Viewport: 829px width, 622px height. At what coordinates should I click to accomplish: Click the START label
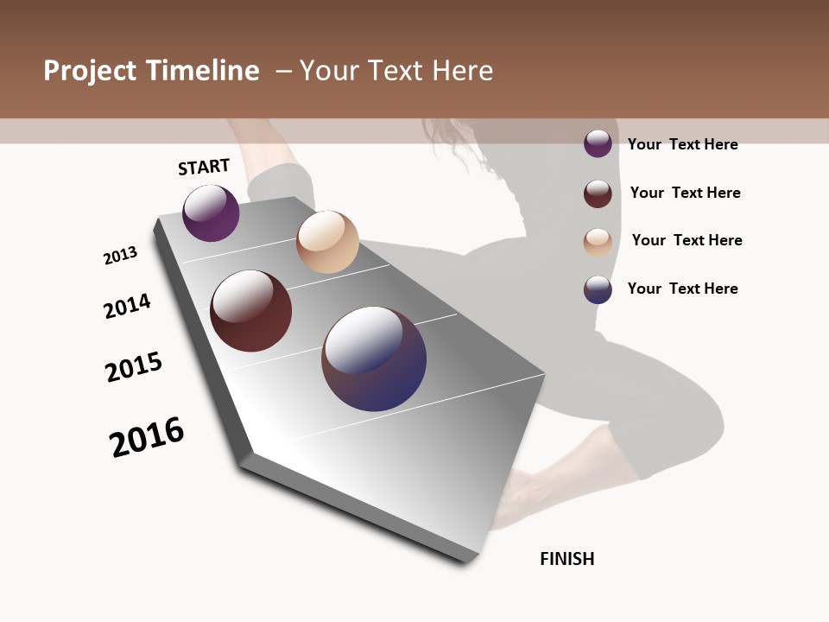coord(204,167)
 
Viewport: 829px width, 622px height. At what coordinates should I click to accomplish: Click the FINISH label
coord(567,559)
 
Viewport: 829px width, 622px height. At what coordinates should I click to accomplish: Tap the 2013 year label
coord(121,255)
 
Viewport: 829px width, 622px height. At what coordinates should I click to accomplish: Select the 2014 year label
coord(127,306)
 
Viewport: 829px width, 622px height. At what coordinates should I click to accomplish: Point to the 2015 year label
coord(134,367)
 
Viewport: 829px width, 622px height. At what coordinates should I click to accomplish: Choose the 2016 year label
coord(147,436)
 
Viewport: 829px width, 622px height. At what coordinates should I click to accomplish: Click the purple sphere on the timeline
coord(211,213)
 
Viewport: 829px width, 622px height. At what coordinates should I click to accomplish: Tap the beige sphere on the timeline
coord(327,242)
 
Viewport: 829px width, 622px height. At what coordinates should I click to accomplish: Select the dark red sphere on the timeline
coord(251,311)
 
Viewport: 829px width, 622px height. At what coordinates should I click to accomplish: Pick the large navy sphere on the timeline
coord(374,359)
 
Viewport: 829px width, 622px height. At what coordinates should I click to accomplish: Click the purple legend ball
coord(598,143)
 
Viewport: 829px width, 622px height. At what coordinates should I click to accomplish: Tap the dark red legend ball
coord(598,194)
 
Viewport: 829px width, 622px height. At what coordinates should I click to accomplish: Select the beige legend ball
coord(598,242)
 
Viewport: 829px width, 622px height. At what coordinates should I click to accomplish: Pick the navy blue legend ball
coord(598,289)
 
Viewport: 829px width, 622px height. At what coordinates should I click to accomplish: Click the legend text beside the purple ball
coord(682,144)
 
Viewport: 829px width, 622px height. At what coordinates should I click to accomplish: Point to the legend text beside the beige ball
coord(687,240)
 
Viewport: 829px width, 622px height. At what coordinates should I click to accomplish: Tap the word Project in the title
coord(89,71)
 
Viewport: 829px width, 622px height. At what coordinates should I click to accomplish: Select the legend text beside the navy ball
coord(682,289)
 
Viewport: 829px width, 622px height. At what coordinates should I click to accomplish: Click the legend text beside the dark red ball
coord(685,193)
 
